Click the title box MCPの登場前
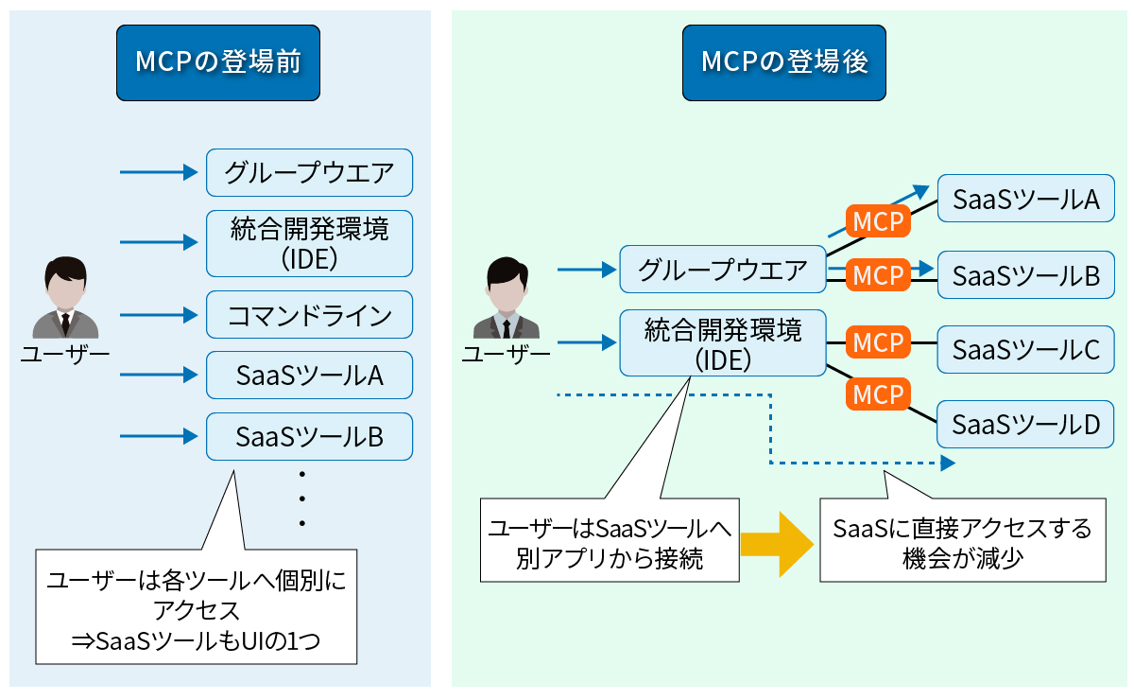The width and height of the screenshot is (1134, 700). coord(217,62)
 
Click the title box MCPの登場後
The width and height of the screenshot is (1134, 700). coord(784,62)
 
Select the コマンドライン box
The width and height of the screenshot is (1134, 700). coord(310,315)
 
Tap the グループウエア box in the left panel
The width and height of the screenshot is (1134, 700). coord(310,173)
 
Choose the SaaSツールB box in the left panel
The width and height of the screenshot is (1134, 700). coord(310,437)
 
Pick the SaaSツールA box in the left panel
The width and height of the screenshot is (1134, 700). coord(310,376)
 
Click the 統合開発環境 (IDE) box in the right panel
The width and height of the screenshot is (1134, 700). coord(723,343)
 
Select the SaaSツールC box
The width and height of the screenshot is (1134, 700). coord(1025,350)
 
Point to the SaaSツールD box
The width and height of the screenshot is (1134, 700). coord(1025,425)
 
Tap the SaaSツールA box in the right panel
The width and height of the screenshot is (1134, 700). coord(1025,199)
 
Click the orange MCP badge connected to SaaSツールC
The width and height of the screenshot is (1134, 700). coord(878,342)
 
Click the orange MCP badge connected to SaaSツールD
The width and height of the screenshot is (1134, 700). coord(878,394)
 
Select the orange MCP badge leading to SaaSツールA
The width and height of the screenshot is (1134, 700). coord(878,222)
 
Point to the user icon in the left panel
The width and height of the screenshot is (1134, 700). coord(65,297)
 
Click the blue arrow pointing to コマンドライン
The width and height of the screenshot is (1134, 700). coord(157,315)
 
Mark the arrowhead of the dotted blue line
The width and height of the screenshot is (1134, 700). coord(947,464)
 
